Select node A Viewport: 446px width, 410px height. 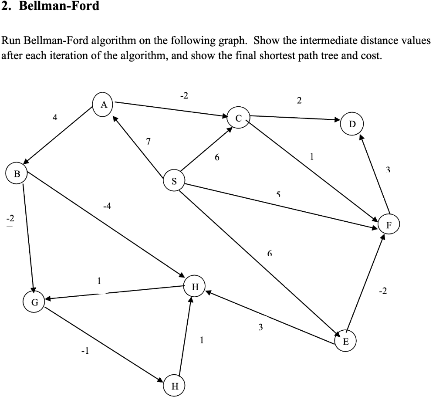[103, 105]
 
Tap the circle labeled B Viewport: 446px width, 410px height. [17, 174]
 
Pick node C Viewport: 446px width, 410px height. [238, 118]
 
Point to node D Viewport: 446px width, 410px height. [352, 124]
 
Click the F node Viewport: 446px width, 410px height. [389, 225]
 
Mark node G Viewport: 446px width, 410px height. [35, 302]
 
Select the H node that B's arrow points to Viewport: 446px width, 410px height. [195, 286]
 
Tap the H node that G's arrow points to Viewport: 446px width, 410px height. [175, 386]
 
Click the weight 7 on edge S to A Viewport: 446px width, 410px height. [149, 141]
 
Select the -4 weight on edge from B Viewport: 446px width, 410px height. [107, 206]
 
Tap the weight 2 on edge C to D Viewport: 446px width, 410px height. [298, 101]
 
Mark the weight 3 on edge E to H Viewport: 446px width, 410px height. [260, 328]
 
